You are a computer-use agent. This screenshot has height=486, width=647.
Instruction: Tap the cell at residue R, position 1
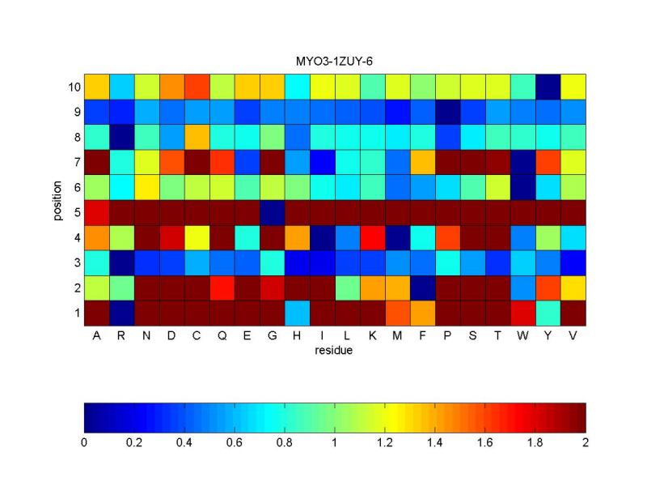pos(121,312)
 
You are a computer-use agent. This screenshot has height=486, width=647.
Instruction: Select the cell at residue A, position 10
pos(96,86)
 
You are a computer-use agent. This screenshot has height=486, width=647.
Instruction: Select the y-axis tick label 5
pos(74,211)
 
